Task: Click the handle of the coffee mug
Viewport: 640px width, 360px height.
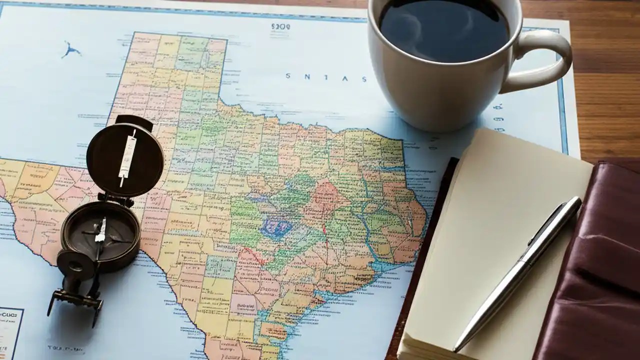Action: click(x=547, y=60)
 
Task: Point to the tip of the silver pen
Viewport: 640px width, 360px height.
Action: click(x=456, y=348)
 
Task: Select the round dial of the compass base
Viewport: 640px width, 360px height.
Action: click(x=100, y=232)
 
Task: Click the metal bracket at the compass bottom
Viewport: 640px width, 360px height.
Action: click(x=75, y=300)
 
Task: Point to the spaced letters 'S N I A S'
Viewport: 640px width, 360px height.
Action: click(x=326, y=77)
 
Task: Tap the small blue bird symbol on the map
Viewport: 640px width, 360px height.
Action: click(x=71, y=49)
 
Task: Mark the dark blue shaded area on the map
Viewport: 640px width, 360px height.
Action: click(x=275, y=228)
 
